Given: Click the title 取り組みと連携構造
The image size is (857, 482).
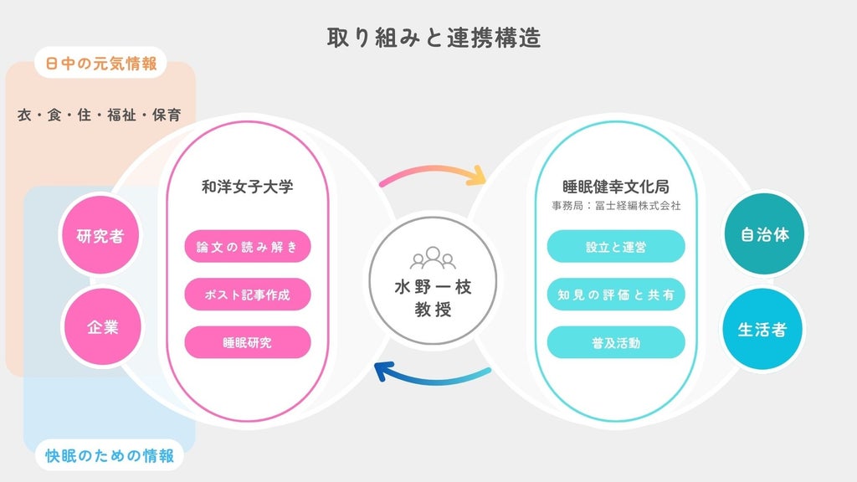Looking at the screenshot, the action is pos(434,38).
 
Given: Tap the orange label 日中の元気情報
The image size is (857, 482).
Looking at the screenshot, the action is pos(101,64).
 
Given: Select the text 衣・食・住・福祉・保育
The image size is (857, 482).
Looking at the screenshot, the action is pos(99,115).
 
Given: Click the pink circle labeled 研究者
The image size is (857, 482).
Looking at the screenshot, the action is pos(100,235).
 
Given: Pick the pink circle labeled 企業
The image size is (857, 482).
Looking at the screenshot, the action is pos(103,327).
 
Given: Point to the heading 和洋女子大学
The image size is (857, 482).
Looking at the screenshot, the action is pos(248,187).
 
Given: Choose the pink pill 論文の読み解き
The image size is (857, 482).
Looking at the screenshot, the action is pos(248,247).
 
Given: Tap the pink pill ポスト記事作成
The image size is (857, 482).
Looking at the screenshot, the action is pos(248,295).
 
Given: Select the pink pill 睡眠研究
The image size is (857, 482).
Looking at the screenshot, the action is pos(248,342).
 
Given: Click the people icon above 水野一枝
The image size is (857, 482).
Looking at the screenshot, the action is pos(433,258).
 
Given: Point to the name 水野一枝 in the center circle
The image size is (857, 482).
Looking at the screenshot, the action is pos(433,287).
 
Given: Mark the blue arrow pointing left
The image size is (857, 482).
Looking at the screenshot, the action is pos(432,378).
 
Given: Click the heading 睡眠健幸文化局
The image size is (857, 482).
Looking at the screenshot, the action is pos(616,187).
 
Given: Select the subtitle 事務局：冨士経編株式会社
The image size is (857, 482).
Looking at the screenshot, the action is pos(616,206).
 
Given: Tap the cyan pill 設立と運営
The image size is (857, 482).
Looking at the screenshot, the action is pos(616,247).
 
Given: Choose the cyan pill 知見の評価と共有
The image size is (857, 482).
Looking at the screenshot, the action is pos(616,295).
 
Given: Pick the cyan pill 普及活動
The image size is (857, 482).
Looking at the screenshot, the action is pos(616,342).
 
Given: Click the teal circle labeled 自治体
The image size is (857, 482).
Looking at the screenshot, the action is pos(765,234).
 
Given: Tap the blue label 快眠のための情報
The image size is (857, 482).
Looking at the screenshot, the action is pos(110,455).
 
